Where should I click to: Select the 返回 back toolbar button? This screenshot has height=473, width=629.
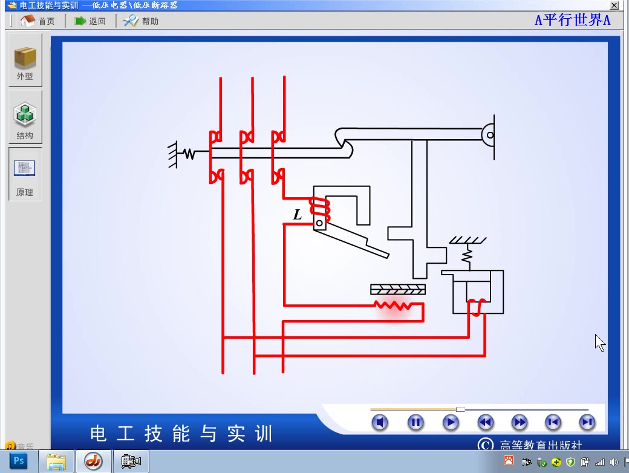coord(90,21)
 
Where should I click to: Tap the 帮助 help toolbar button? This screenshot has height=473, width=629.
coord(141,21)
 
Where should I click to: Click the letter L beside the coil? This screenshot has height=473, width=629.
coord(297,215)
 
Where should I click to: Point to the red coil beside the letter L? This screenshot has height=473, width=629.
coord(319,207)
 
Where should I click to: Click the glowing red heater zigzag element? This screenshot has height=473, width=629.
coord(393,305)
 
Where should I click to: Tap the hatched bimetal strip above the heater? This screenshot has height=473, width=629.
coord(398,289)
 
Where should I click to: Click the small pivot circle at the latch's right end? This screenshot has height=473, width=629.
coord(490,135)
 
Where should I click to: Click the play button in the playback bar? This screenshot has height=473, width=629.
coord(451,422)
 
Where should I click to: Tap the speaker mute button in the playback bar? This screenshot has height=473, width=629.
coord(379,422)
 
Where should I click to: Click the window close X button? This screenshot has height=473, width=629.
coord(614,5)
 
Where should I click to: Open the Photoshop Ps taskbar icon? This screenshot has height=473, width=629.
coord(19,461)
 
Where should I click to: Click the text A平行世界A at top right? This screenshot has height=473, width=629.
coord(572,20)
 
